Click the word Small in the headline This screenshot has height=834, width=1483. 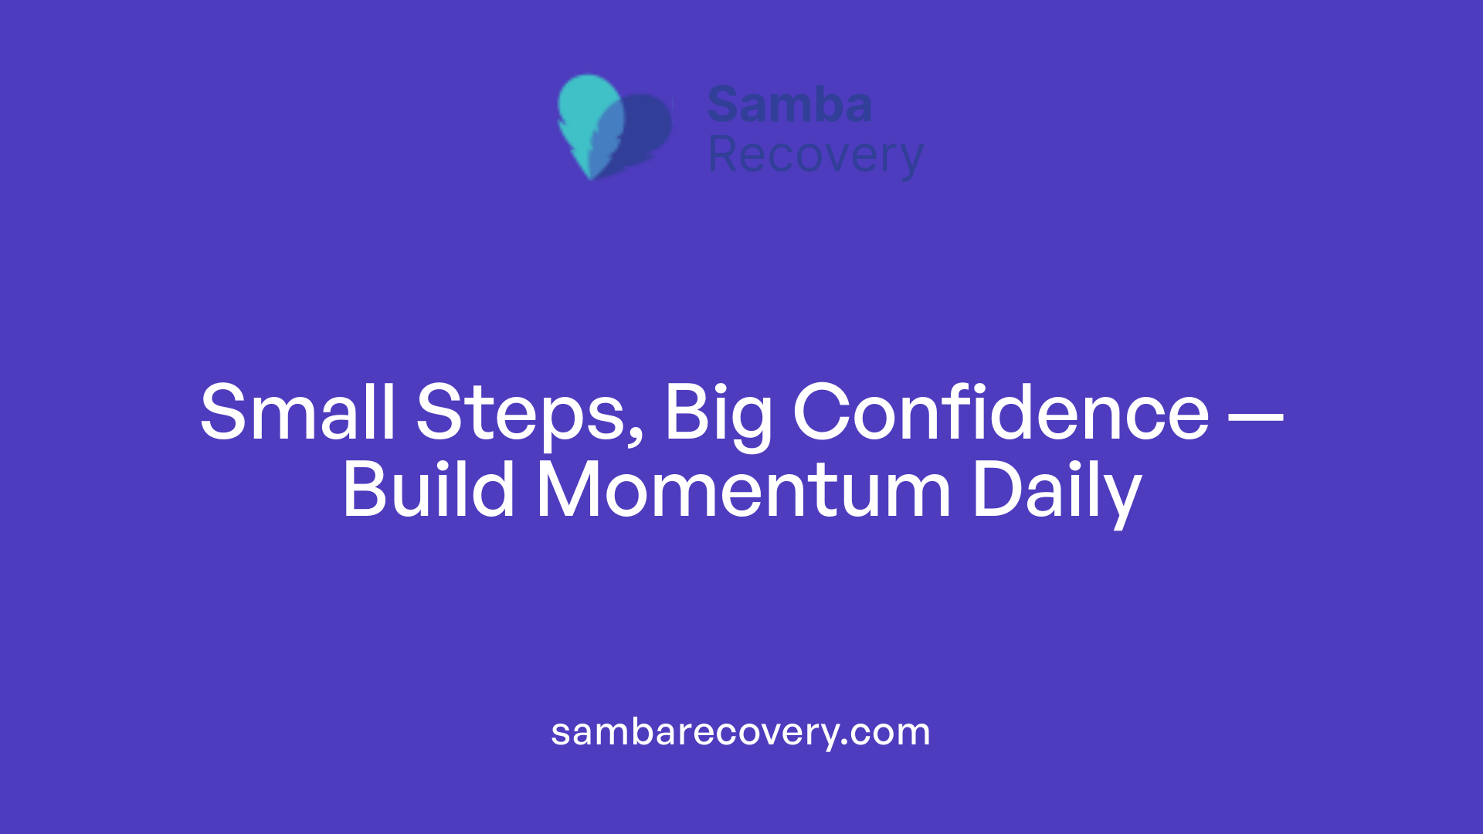[x=297, y=413]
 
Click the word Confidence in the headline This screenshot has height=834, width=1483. [x=1001, y=413]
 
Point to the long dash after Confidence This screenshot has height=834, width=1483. [x=1255, y=418]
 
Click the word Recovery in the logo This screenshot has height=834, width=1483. [x=816, y=156]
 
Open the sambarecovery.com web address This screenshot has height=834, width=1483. [x=741, y=732]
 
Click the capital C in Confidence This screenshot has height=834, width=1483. [x=821, y=413]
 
